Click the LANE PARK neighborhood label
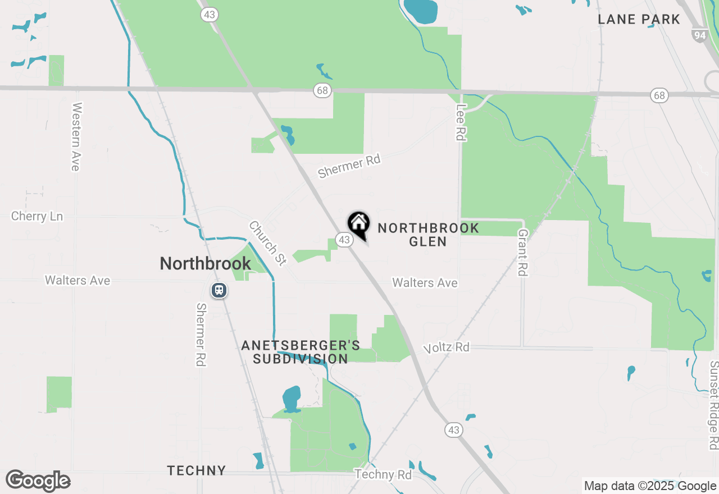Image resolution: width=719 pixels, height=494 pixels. coord(639,20)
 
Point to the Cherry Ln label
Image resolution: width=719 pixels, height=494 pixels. coord(37,216)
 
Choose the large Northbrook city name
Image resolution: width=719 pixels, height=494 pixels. coord(205,263)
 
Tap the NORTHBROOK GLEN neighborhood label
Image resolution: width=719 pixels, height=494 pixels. coord(428,235)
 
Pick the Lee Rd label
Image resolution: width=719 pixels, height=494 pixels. coord(461,122)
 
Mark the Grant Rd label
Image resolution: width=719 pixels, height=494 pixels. coord(523,252)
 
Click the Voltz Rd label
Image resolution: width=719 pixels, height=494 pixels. coord(447,347)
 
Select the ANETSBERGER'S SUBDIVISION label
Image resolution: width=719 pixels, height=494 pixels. coord(301,352)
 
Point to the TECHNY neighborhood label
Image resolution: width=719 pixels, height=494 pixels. coord(196,470)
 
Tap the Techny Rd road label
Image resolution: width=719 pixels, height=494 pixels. coord(383,474)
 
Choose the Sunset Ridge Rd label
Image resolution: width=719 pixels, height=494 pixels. coord(713,405)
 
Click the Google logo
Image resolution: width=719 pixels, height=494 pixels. coord(38,481)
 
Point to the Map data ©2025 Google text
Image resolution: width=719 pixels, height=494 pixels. coord(650,486)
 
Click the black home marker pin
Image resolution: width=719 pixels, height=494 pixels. coord(358,224)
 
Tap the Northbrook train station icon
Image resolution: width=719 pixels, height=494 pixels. coord(219,290)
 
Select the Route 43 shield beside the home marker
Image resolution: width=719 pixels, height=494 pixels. coord(344,240)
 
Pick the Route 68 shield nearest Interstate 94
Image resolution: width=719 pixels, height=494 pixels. coord(659,95)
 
